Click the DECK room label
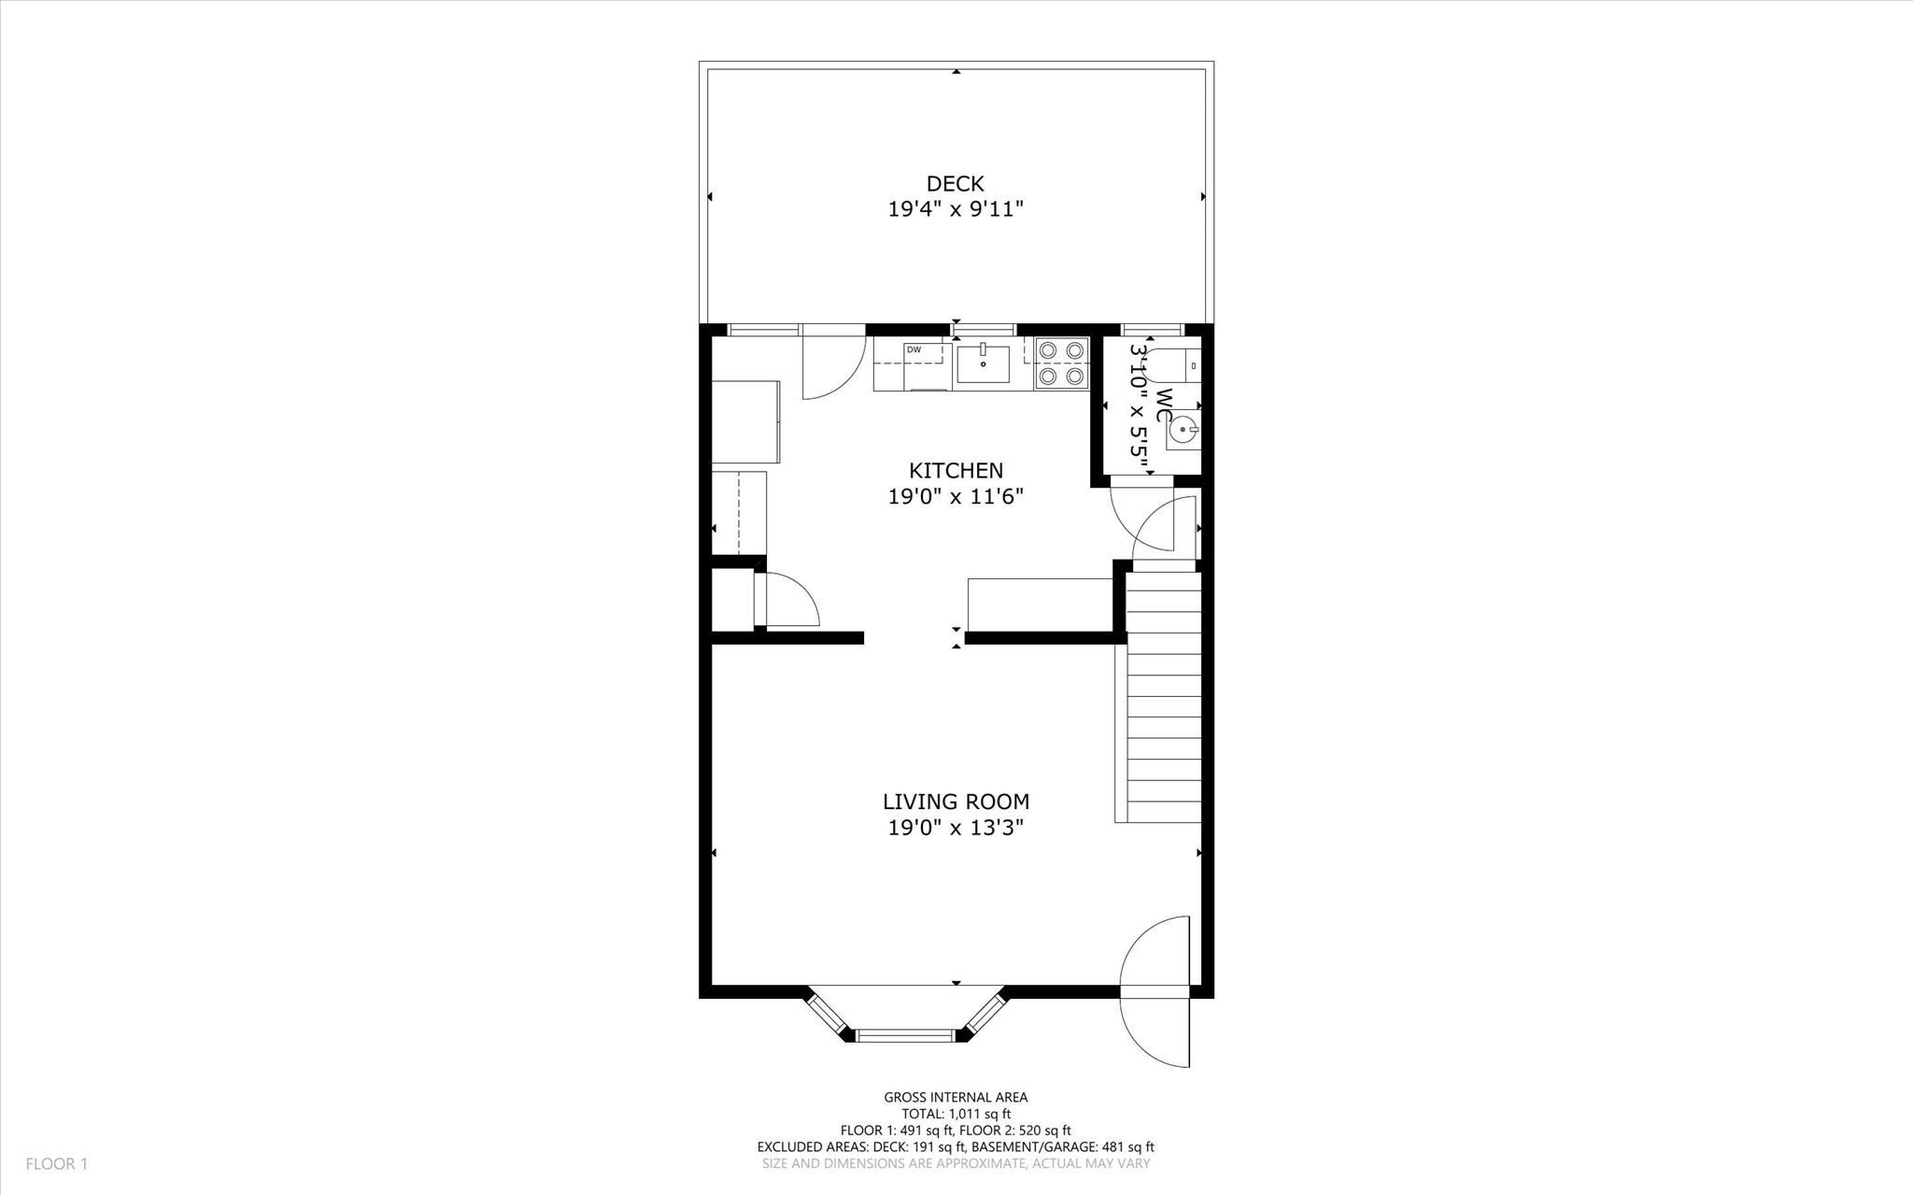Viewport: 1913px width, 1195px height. pos(956,184)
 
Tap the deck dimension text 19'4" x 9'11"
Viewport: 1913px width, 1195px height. pos(956,209)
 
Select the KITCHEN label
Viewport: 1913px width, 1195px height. pos(956,471)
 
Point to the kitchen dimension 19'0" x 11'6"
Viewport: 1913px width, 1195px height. pos(956,496)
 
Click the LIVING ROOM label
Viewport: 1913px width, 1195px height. pos(956,802)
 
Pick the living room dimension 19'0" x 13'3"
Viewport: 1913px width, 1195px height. pos(956,827)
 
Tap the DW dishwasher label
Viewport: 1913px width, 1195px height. pos(913,349)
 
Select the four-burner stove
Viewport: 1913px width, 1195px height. pos(1062,363)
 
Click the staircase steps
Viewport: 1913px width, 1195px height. pos(1163,697)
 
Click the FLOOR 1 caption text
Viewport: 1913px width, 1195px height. pos(56,1164)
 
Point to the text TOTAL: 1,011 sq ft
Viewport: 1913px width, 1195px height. pos(956,1114)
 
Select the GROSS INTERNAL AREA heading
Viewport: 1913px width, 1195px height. pos(956,1098)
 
